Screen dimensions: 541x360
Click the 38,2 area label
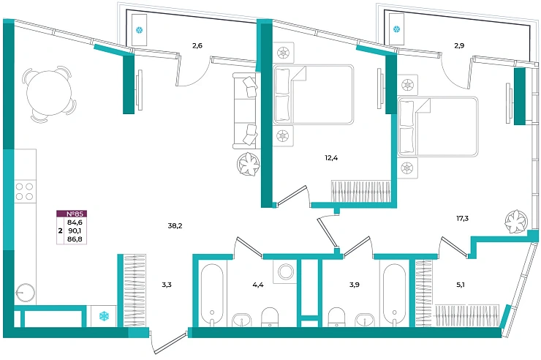[175, 226]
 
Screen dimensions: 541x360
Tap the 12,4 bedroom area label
[331, 158]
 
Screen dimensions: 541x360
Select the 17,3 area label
[462, 219]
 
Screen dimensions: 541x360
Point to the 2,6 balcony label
[197, 45]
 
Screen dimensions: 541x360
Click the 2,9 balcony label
[459, 45]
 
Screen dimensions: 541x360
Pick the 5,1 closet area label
[461, 285]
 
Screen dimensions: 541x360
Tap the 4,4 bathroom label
[258, 285]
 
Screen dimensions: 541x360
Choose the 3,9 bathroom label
[355, 285]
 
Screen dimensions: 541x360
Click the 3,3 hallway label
[167, 285]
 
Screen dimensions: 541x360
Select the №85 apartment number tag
[72, 214]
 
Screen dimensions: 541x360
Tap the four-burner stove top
[25, 192]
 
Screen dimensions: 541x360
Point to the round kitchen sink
[25, 293]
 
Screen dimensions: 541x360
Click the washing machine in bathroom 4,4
[284, 271]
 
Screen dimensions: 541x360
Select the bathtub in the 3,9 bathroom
[395, 294]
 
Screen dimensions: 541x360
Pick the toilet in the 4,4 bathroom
[270, 317]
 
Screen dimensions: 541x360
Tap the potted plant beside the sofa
[249, 164]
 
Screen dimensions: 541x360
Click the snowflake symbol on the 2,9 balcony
[397, 29]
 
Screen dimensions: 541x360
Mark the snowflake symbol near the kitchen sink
[104, 316]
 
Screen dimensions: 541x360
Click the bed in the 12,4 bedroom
[314, 94]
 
